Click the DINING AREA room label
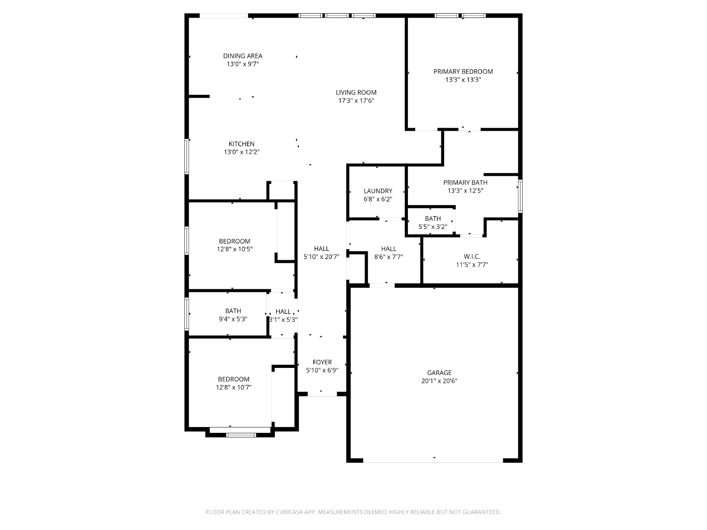point(243,56)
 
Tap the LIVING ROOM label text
point(356,93)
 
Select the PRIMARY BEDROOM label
point(463,72)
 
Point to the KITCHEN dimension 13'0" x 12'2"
point(242,152)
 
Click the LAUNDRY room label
point(378,191)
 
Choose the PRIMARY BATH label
point(465,182)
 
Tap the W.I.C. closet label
point(472,257)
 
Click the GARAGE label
point(439,373)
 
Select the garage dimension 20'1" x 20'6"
point(439,381)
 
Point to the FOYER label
point(322,362)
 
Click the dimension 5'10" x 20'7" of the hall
point(321,257)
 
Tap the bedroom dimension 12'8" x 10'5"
point(235,249)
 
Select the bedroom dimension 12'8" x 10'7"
point(233,387)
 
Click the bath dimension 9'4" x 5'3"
point(233,319)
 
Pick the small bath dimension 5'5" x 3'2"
point(433,227)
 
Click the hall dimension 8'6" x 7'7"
point(388,257)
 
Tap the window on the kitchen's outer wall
point(186,156)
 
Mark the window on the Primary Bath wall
point(520,196)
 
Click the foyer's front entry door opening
point(322,394)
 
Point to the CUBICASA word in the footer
point(289,512)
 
